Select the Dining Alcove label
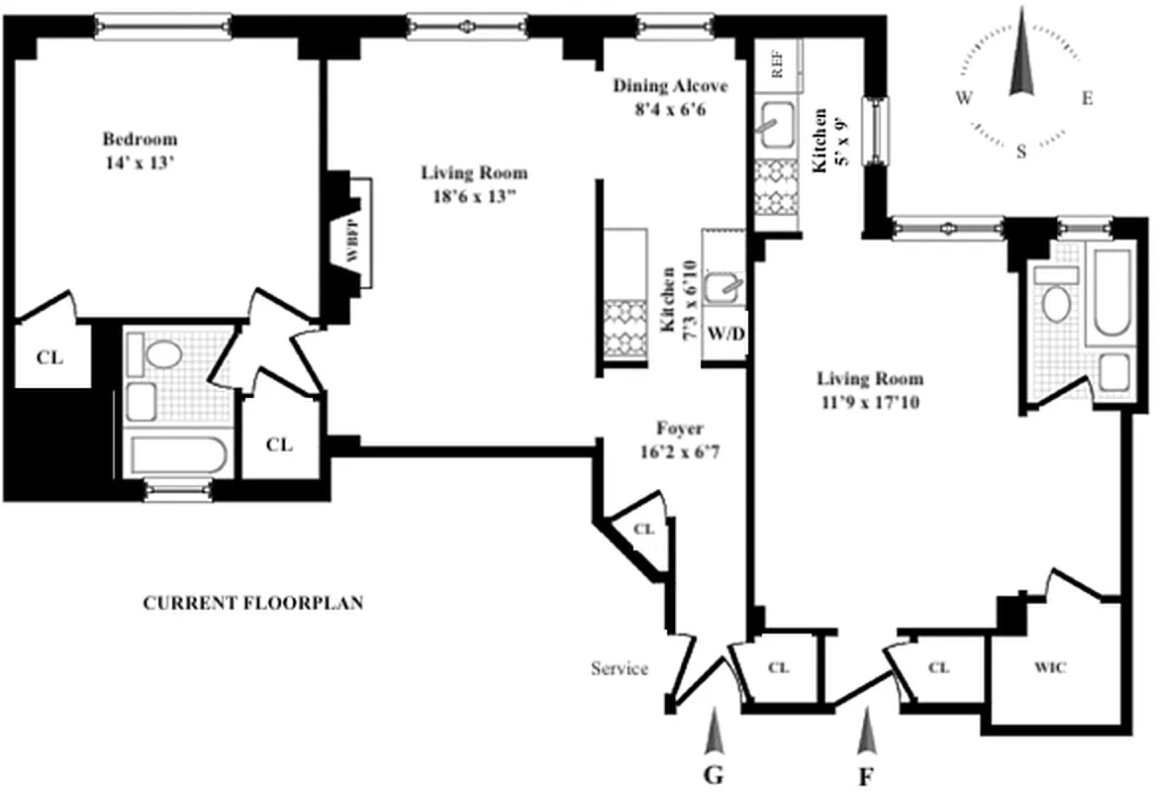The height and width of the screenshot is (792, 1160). pos(670,95)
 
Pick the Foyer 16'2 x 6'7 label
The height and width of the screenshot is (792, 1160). pos(680,438)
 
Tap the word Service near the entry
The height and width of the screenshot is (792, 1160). pos(620,668)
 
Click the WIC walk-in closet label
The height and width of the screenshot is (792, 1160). pos(1050,668)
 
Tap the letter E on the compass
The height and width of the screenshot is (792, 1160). pos(1087,98)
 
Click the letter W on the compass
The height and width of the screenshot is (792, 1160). pos(962,98)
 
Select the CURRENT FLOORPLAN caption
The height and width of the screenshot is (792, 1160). pos(253,602)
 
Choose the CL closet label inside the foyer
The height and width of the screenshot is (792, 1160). pos(643,530)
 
